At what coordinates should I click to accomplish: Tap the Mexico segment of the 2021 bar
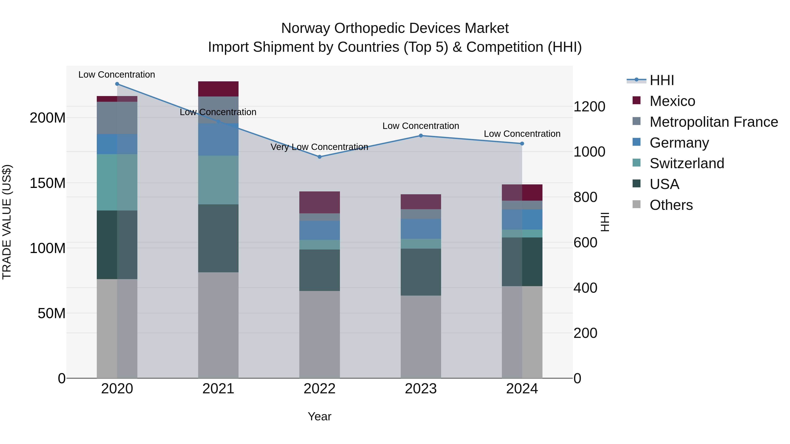click(x=218, y=89)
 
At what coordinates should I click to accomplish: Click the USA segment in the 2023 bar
click(x=420, y=272)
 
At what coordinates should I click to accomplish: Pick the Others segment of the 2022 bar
click(x=319, y=334)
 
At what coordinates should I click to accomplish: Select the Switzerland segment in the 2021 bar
click(x=218, y=180)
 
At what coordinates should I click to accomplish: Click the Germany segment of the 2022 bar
click(x=319, y=230)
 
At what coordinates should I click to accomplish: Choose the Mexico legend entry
click(x=672, y=101)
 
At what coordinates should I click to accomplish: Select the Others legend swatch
click(x=636, y=204)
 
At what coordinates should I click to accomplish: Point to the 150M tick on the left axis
click(x=48, y=183)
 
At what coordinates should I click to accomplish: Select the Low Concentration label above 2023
click(x=420, y=126)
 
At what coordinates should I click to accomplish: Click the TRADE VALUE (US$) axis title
click(x=7, y=222)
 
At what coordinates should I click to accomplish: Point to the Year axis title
click(x=319, y=416)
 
